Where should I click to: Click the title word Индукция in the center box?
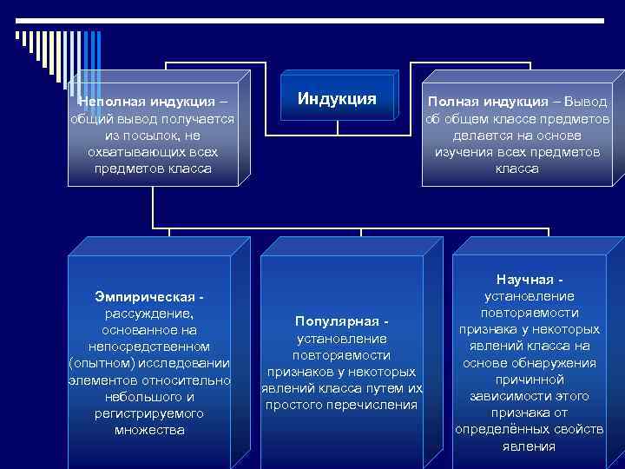[337, 98]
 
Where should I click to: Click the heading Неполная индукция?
[144, 102]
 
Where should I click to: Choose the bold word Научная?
[526, 280]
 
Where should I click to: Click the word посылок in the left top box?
[140, 135]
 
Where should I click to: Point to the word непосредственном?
[149, 347]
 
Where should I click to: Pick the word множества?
[149, 429]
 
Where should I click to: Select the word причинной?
[530, 380]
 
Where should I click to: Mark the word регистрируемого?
[149, 413]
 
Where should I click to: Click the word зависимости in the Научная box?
[513, 396]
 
